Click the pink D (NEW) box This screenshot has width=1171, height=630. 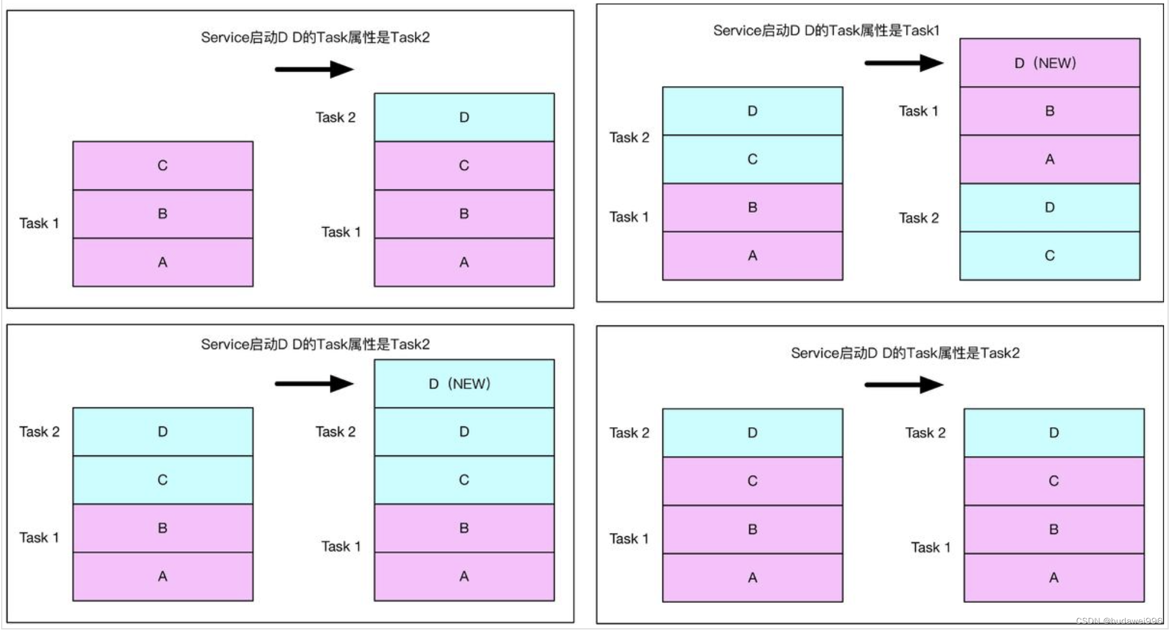[x=1049, y=62]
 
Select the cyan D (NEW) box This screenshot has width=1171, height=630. [x=463, y=383]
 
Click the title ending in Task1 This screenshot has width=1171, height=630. [x=826, y=30]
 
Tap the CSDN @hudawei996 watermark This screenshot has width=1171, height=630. [x=1118, y=621]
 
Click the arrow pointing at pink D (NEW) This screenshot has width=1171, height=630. [x=903, y=62]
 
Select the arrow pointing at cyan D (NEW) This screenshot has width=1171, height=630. [x=314, y=383]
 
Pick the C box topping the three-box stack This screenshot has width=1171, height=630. [x=163, y=165]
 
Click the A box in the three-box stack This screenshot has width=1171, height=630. [x=163, y=262]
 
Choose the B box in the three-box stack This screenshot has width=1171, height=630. [x=163, y=213]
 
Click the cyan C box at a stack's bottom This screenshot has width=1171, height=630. [x=1049, y=255]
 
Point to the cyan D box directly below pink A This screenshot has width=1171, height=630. [x=1049, y=207]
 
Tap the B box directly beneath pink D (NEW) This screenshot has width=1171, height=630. [x=1049, y=110]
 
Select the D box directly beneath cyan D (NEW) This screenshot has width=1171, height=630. [x=463, y=431]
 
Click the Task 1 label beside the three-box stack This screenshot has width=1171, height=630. [x=39, y=223]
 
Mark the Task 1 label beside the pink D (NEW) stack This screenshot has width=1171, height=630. [x=918, y=110]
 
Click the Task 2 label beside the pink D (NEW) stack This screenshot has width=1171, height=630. [x=918, y=218]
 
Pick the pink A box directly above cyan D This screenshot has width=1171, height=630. [x=1049, y=159]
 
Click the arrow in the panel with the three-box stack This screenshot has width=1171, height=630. [x=314, y=69]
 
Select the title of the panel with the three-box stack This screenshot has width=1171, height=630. [x=315, y=37]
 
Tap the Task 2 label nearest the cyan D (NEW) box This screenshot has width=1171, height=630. [x=335, y=431]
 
